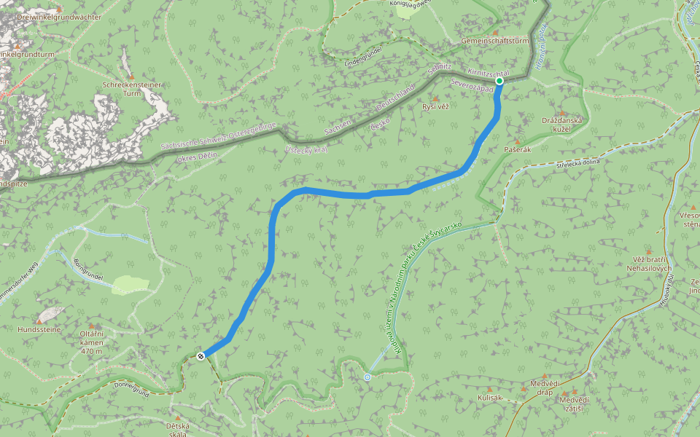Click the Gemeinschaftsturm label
click(x=494, y=42)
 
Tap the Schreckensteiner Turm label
click(x=132, y=89)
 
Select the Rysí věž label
click(x=435, y=107)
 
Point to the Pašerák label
click(x=517, y=149)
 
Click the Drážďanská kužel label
click(x=561, y=124)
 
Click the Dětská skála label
click(x=177, y=430)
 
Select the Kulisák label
click(x=491, y=398)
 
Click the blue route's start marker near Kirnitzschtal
click(x=501, y=81)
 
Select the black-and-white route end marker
click(x=201, y=356)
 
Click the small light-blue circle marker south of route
click(x=367, y=377)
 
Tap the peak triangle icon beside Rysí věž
click(x=436, y=98)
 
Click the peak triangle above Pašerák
click(x=518, y=141)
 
